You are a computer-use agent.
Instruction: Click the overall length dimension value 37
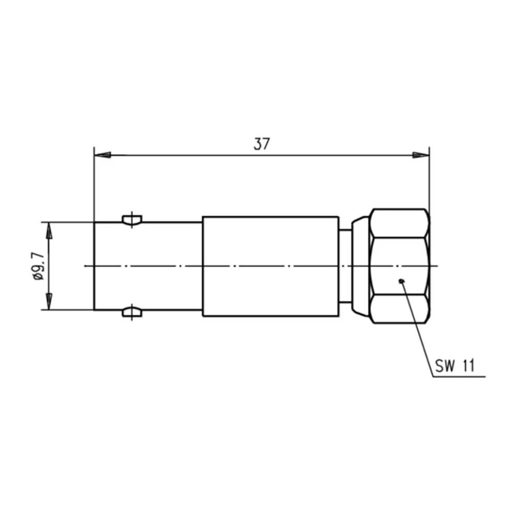(262, 144)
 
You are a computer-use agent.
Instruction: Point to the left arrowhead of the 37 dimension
(102, 155)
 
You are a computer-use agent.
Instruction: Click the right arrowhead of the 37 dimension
(421, 155)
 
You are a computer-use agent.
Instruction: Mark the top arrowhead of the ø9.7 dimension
(49, 231)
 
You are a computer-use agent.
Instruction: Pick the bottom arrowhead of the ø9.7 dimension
(49, 302)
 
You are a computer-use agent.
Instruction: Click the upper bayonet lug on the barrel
(132, 220)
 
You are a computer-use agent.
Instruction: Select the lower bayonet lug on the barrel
(132, 312)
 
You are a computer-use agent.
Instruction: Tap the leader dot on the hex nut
(401, 281)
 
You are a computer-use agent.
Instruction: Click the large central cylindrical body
(270, 266)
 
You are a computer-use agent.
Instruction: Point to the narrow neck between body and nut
(345, 266)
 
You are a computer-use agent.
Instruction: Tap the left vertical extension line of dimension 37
(94, 186)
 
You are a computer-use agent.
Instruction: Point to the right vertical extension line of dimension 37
(429, 181)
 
